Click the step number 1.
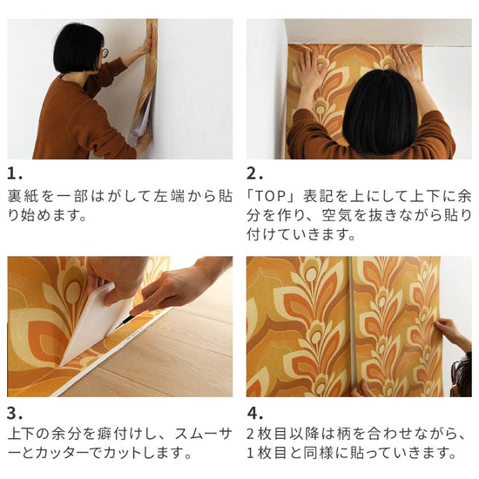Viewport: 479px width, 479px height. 13,172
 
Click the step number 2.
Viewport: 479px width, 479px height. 253,172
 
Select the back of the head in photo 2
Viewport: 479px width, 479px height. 379,109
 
